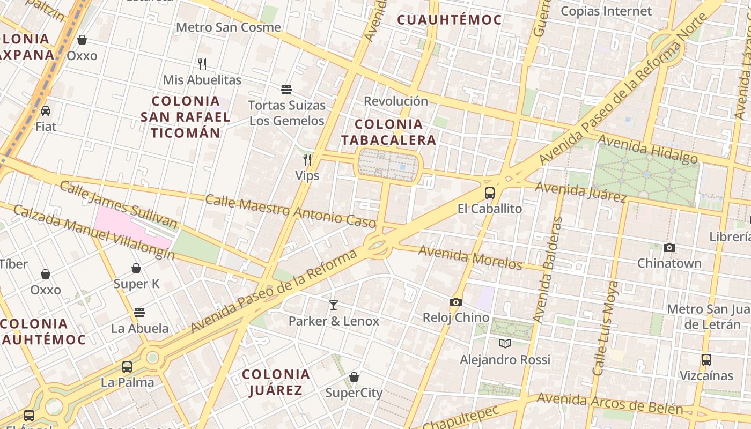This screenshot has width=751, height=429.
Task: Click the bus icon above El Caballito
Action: tap(489, 193)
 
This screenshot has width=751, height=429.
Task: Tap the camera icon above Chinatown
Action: tap(669, 247)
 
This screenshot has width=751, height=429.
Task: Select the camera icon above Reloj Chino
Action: tap(455, 302)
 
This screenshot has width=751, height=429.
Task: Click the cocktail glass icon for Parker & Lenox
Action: tap(334, 305)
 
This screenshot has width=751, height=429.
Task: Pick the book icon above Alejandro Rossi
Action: tap(505, 343)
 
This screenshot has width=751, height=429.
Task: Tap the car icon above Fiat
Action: tap(46, 111)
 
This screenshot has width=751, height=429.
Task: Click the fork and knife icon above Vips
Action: tap(307, 159)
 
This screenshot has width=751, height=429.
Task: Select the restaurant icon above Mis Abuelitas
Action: tap(202, 64)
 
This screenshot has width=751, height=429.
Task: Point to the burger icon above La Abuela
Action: tap(139, 312)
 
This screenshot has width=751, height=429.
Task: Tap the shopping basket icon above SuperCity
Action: tap(354, 377)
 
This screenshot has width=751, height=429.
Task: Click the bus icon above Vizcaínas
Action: tap(706, 359)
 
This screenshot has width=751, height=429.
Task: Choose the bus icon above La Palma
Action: tap(127, 367)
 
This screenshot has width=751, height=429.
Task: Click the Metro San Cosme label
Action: tap(228, 27)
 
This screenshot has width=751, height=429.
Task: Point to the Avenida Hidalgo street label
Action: tap(647, 149)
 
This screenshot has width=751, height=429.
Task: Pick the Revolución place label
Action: tap(396, 101)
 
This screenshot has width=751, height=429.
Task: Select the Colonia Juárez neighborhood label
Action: tap(276, 382)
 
